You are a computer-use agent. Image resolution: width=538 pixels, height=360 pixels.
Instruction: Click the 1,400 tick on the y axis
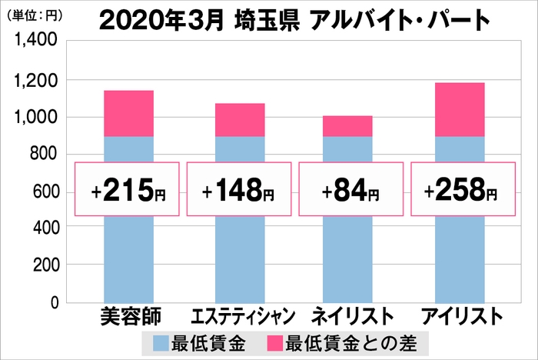coord(32,42)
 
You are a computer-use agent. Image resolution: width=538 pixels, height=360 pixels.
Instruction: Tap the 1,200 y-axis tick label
coord(32,80)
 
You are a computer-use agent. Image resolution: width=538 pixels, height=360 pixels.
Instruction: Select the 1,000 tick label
coord(32,117)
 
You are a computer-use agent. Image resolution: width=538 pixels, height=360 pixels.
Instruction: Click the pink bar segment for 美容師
coord(128,113)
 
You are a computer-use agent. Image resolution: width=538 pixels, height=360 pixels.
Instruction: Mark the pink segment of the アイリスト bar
coord(460,109)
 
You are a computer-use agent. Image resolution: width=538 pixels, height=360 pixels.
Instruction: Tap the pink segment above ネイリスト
coord(348,126)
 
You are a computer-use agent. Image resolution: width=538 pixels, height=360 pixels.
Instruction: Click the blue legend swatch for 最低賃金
coord(164,342)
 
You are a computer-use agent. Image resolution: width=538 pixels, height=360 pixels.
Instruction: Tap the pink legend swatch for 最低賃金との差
coord(273,342)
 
